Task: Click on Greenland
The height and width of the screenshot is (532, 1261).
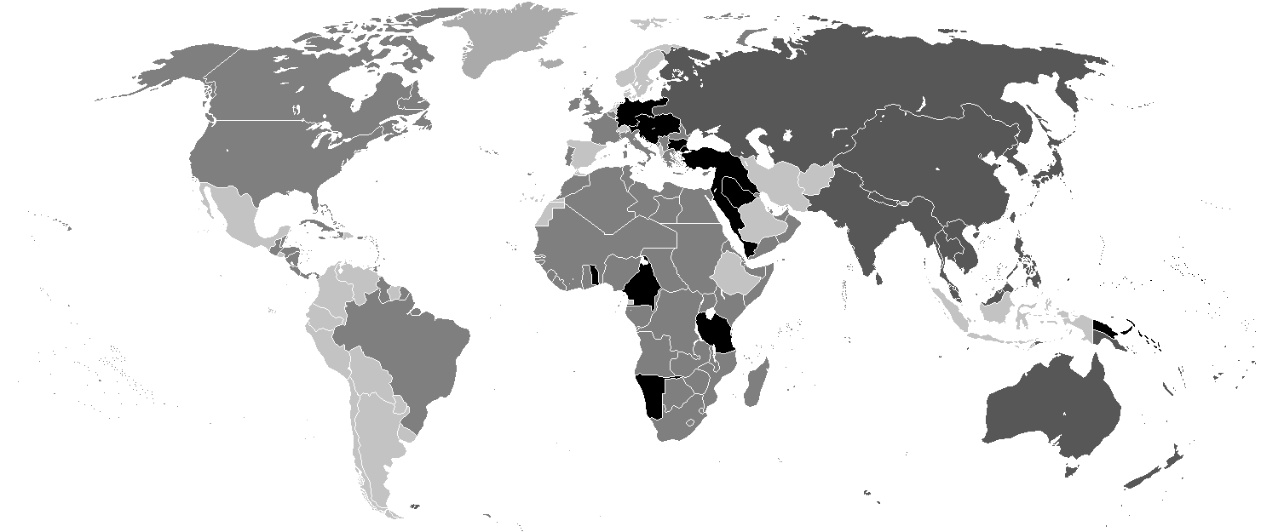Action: (x=511, y=43)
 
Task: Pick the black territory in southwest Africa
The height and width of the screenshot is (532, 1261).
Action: (x=651, y=393)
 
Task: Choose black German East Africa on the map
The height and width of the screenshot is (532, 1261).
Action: (x=716, y=332)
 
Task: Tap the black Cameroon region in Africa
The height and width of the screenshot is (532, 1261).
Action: (x=641, y=285)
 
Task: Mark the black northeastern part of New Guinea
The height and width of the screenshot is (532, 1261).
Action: (x=1108, y=328)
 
